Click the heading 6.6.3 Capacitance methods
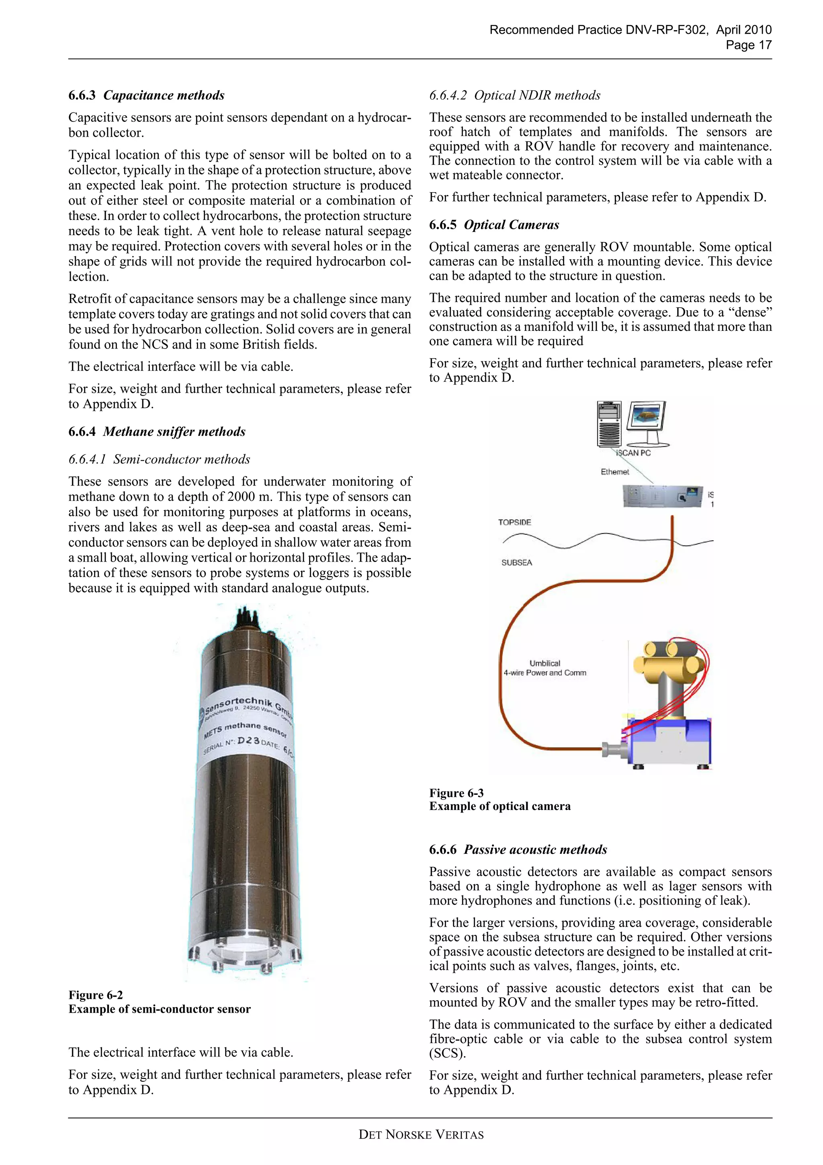click(x=147, y=95)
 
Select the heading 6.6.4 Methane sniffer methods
click(x=157, y=431)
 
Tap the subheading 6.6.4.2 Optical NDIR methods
click(x=514, y=95)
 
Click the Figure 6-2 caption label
click(x=96, y=995)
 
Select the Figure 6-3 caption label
click(x=457, y=793)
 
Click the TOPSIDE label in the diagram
click(x=514, y=522)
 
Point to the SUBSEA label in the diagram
click(x=516, y=562)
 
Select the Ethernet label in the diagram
click(x=614, y=472)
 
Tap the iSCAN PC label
click(x=633, y=453)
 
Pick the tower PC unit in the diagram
click(x=609, y=423)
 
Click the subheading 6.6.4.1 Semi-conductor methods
click(x=159, y=459)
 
